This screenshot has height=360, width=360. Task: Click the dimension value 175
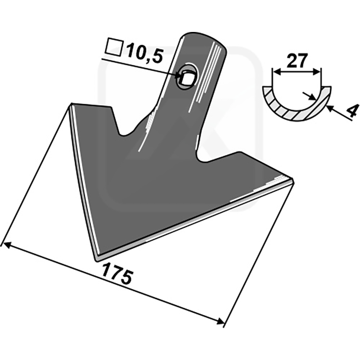[x=117, y=274]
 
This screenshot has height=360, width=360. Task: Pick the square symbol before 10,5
[x=114, y=48]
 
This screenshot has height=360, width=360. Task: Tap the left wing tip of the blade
[x=72, y=104]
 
